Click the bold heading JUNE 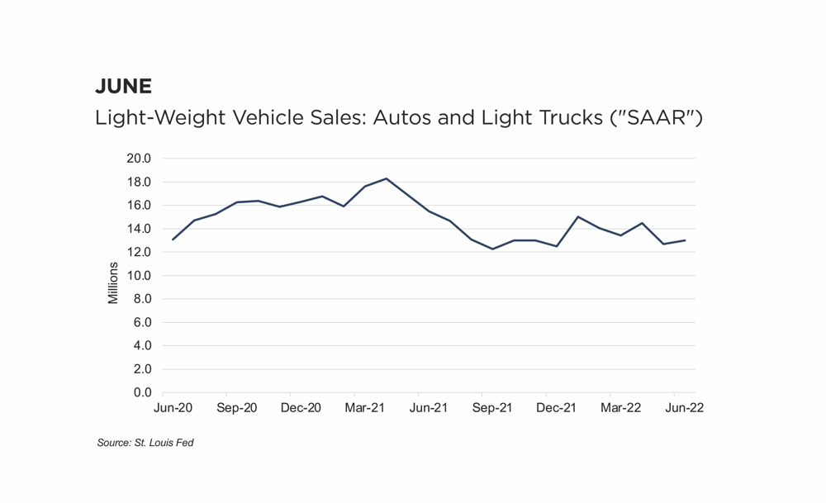[124, 86]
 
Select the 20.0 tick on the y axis [139, 159]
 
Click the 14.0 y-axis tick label [139, 229]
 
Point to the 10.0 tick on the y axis [139, 276]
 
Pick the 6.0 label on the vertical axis [141, 323]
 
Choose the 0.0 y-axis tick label [141, 393]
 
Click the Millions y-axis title [113, 283]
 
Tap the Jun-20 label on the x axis [173, 408]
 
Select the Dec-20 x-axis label [301, 408]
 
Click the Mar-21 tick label [365, 408]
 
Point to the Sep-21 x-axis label [492, 408]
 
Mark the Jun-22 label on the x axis [684, 408]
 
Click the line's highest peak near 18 [387, 178]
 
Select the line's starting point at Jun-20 [173, 240]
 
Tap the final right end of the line [685, 240]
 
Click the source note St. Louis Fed [145, 444]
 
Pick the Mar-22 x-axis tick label [620, 408]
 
